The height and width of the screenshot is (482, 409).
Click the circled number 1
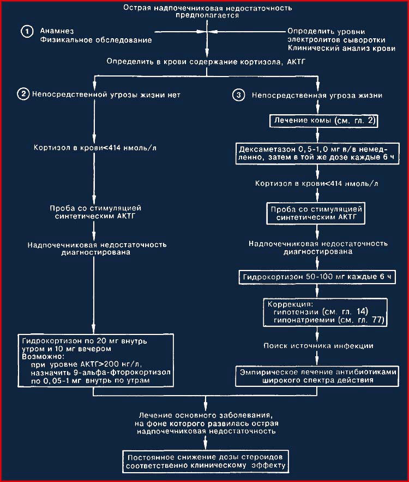[27, 31]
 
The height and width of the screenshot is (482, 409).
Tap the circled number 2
[23, 94]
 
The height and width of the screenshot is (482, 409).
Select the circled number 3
[239, 95]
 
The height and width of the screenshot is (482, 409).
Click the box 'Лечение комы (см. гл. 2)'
[324, 120]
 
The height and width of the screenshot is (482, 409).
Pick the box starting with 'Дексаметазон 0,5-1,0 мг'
[317, 154]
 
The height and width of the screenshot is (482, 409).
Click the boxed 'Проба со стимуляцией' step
[316, 213]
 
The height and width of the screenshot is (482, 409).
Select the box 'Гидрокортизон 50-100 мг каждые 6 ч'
[317, 277]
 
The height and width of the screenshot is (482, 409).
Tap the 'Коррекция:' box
[325, 313]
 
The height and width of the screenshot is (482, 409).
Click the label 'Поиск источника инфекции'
[318, 346]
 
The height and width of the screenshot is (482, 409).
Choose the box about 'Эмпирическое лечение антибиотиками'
[317, 376]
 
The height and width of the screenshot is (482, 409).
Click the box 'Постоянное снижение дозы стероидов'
[206, 462]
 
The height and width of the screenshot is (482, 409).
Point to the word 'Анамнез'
[57, 31]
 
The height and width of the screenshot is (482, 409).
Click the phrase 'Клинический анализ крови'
[341, 48]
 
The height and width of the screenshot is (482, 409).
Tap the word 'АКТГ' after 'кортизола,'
[296, 61]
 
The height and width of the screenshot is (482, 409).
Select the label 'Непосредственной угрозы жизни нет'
[106, 95]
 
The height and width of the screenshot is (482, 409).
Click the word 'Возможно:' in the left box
[43, 357]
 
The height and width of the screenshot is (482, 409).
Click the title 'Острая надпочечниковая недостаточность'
[208, 8]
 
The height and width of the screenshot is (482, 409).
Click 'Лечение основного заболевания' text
[206, 415]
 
